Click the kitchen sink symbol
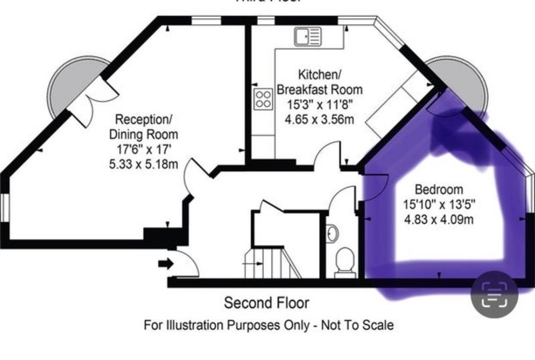(308, 36)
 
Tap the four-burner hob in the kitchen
(263, 99)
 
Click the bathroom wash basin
(332, 234)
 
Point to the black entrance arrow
(166, 264)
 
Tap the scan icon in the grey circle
(494, 294)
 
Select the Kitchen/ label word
(320, 74)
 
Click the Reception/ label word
(144, 120)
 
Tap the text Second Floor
(266, 303)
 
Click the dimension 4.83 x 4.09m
(439, 219)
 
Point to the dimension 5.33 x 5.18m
(144, 165)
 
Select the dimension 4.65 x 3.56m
(320, 119)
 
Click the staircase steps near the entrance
(273, 263)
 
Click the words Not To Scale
(357, 325)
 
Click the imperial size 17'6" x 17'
(144, 149)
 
